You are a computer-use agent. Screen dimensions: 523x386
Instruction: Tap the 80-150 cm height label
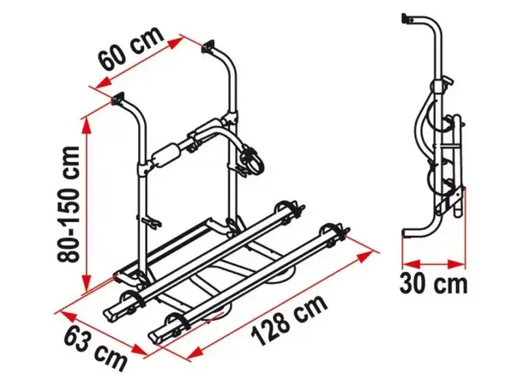click(69, 204)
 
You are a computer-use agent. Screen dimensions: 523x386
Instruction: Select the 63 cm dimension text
click(96, 347)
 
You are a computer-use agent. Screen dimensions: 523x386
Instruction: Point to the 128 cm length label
click(289, 320)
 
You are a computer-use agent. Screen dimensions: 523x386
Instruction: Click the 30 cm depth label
click(433, 284)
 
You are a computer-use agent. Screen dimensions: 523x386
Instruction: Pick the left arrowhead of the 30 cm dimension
click(411, 265)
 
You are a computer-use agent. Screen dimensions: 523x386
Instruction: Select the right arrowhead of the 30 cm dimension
click(456, 265)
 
